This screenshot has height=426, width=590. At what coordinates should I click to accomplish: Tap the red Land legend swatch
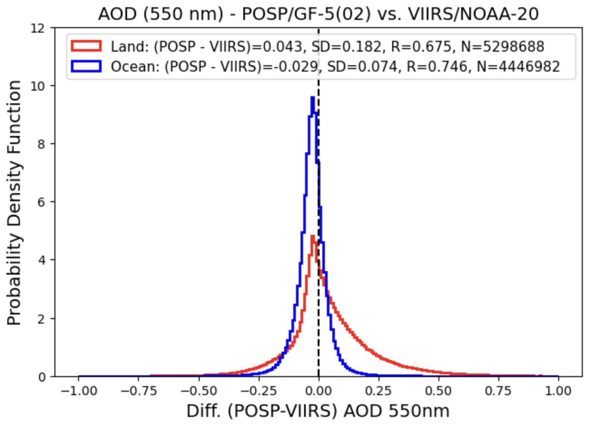tap(86, 46)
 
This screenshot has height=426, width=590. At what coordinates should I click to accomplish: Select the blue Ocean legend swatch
tap(86, 67)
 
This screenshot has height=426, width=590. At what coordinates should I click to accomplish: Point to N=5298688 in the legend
tap(503, 46)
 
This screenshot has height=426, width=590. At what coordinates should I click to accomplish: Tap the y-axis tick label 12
tap(43, 28)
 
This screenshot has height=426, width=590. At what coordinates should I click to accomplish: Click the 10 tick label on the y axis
tap(43, 86)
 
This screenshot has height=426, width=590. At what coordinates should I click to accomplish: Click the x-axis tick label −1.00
tap(79, 391)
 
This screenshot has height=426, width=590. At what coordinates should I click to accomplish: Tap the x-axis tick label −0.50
tap(198, 391)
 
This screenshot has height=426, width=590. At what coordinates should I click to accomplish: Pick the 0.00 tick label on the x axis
tap(319, 391)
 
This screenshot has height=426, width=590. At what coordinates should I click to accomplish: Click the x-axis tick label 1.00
tap(558, 391)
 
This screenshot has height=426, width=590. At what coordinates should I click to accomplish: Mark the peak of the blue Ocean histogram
tap(312, 97)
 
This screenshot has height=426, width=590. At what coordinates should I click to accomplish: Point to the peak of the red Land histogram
tap(313, 236)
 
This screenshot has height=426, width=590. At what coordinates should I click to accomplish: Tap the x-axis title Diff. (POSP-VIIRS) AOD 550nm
tap(318, 411)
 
